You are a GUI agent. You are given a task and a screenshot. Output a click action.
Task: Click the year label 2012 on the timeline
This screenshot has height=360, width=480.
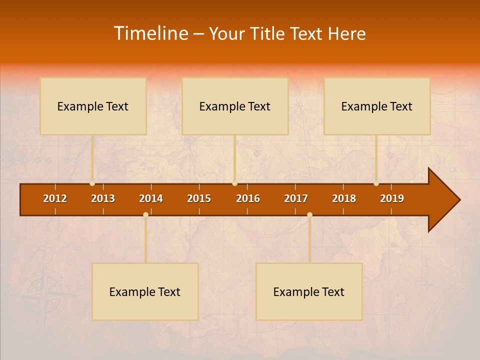tap(55, 198)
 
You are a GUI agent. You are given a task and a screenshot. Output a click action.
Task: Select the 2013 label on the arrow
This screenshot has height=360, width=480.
tap(103, 198)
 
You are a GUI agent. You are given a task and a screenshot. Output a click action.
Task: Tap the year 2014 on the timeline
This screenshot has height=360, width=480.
tap(151, 198)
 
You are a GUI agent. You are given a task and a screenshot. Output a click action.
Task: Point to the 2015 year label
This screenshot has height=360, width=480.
tap(199, 198)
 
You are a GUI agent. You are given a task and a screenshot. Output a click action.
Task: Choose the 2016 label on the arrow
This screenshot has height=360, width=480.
tap(248, 198)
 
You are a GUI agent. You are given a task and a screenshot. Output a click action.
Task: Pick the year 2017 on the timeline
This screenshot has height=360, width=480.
tap(296, 198)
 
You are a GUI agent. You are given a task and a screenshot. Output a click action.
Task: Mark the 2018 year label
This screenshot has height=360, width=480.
tap(344, 198)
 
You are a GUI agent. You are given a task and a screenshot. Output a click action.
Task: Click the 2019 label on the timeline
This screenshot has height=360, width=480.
tap(392, 198)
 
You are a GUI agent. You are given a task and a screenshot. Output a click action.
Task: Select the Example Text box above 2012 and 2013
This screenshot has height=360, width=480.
tap(93, 106)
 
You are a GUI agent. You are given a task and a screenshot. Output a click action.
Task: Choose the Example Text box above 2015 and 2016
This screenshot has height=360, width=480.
tap(235, 106)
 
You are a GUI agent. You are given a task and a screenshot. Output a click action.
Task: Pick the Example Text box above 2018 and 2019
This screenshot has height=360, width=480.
tap(377, 106)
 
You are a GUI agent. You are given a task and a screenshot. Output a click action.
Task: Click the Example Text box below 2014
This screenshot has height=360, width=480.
tap(145, 291)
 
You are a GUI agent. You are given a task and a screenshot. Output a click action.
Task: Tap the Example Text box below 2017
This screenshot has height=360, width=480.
tap(309, 291)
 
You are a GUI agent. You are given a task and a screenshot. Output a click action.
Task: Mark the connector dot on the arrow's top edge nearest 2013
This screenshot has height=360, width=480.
tap(92, 183)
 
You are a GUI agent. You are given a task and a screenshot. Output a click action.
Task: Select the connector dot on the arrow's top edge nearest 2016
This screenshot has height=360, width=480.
tap(234, 183)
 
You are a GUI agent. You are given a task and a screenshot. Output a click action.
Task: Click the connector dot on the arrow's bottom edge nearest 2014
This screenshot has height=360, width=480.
tap(145, 215)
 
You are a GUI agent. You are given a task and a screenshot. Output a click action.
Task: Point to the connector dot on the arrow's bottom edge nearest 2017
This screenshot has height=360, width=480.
tap(309, 215)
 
